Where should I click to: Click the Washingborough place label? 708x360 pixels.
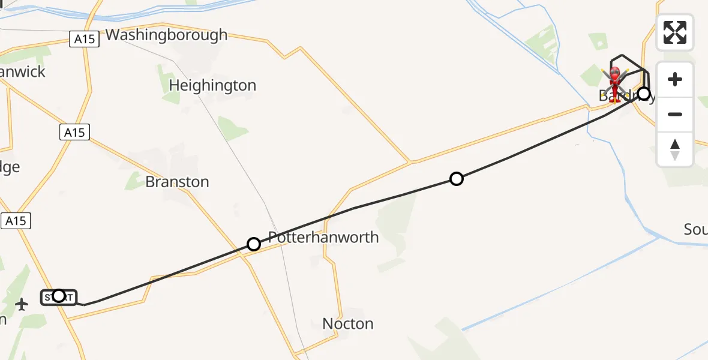pos(166,35)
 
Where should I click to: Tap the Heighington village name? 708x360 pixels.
pos(212,86)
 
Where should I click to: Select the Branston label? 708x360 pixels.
pos(177,182)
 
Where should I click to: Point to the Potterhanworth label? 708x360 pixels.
pos(323,238)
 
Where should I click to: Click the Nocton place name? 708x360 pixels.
pos(347,324)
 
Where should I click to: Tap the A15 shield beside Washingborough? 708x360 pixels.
pos(85,40)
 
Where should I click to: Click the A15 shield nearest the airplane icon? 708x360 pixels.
pos(16,221)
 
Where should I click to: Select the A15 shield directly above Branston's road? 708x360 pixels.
pos(74,133)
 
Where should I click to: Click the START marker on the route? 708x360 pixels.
pos(59,296)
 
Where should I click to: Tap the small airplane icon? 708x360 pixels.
pos(22,305)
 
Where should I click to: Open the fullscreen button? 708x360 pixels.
pos(675,32)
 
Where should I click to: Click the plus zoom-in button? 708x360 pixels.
pos(675,79)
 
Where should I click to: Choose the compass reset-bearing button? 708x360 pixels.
pos(675,149)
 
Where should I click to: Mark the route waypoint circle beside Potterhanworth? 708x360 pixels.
pos(254,244)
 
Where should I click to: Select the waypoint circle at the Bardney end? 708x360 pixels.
pos(644,94)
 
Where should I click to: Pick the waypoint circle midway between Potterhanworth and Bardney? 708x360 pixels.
pos(457,179)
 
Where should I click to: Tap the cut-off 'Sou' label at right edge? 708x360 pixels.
pos(695,230)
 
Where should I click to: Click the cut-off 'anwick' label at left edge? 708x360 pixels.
pos(23,72)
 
